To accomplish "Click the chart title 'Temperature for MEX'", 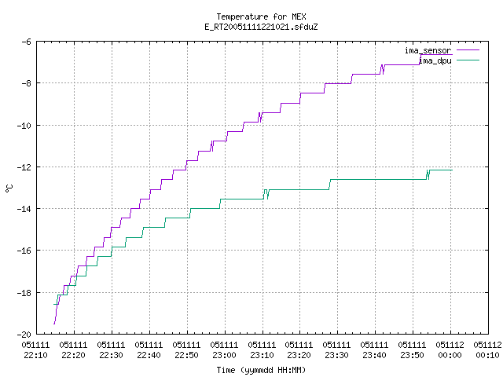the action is point(261,16).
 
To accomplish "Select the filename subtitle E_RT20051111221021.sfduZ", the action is point(261,27).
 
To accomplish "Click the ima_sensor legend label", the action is point(428,50).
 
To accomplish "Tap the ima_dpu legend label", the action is point(435,60).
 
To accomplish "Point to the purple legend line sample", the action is point(468,50).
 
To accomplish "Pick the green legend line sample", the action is point(468,60).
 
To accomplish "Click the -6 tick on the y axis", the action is point(26,42).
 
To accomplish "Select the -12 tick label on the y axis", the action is point(24,167).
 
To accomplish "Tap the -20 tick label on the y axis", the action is point(24,335).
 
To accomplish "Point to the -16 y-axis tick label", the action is point(24,251).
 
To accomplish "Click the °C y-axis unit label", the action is point(9,188).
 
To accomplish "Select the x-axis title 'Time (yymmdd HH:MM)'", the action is point(261,370).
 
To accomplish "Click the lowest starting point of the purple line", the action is point(54,324).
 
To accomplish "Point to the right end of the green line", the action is point(452,170).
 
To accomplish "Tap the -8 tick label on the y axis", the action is point(26,83).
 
